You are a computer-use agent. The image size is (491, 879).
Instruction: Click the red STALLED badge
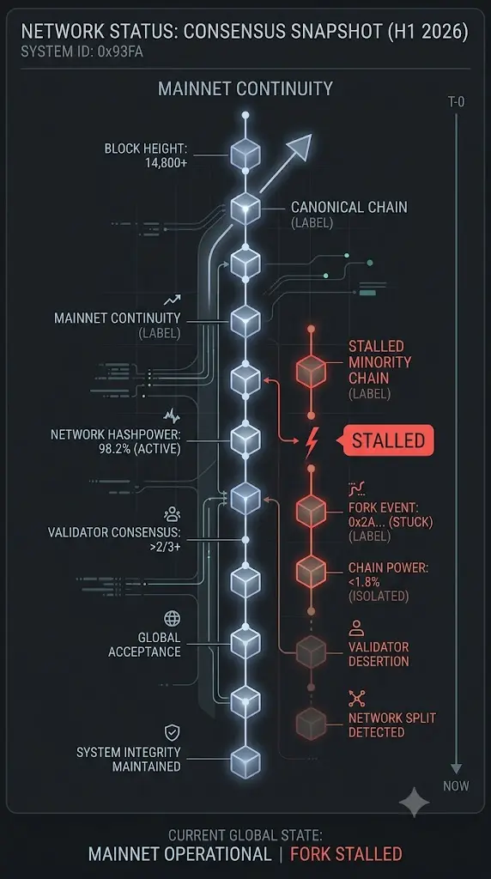388,440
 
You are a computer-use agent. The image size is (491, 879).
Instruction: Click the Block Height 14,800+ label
146,156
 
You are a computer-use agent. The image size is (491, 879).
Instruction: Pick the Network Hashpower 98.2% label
116,442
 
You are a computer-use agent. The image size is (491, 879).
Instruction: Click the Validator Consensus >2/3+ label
114,539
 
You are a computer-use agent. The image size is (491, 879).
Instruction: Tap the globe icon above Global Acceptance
172,618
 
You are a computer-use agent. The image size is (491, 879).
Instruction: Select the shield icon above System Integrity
172,732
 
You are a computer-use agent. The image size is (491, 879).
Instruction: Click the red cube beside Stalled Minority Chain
311,371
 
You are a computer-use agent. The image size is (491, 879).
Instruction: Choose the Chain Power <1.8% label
388,581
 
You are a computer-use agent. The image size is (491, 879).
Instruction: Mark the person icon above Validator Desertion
356,627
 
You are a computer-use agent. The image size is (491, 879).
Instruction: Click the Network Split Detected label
391,724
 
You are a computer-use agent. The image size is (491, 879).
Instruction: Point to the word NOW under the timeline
456,786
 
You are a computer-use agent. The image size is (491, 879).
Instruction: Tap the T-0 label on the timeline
456,102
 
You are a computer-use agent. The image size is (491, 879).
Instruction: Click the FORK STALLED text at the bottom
346,854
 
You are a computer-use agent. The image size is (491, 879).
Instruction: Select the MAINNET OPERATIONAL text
180,854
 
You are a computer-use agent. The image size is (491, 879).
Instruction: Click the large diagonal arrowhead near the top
298,147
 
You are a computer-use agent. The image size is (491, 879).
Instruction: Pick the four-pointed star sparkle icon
415,802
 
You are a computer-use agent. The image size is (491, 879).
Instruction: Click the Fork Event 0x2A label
390,521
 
